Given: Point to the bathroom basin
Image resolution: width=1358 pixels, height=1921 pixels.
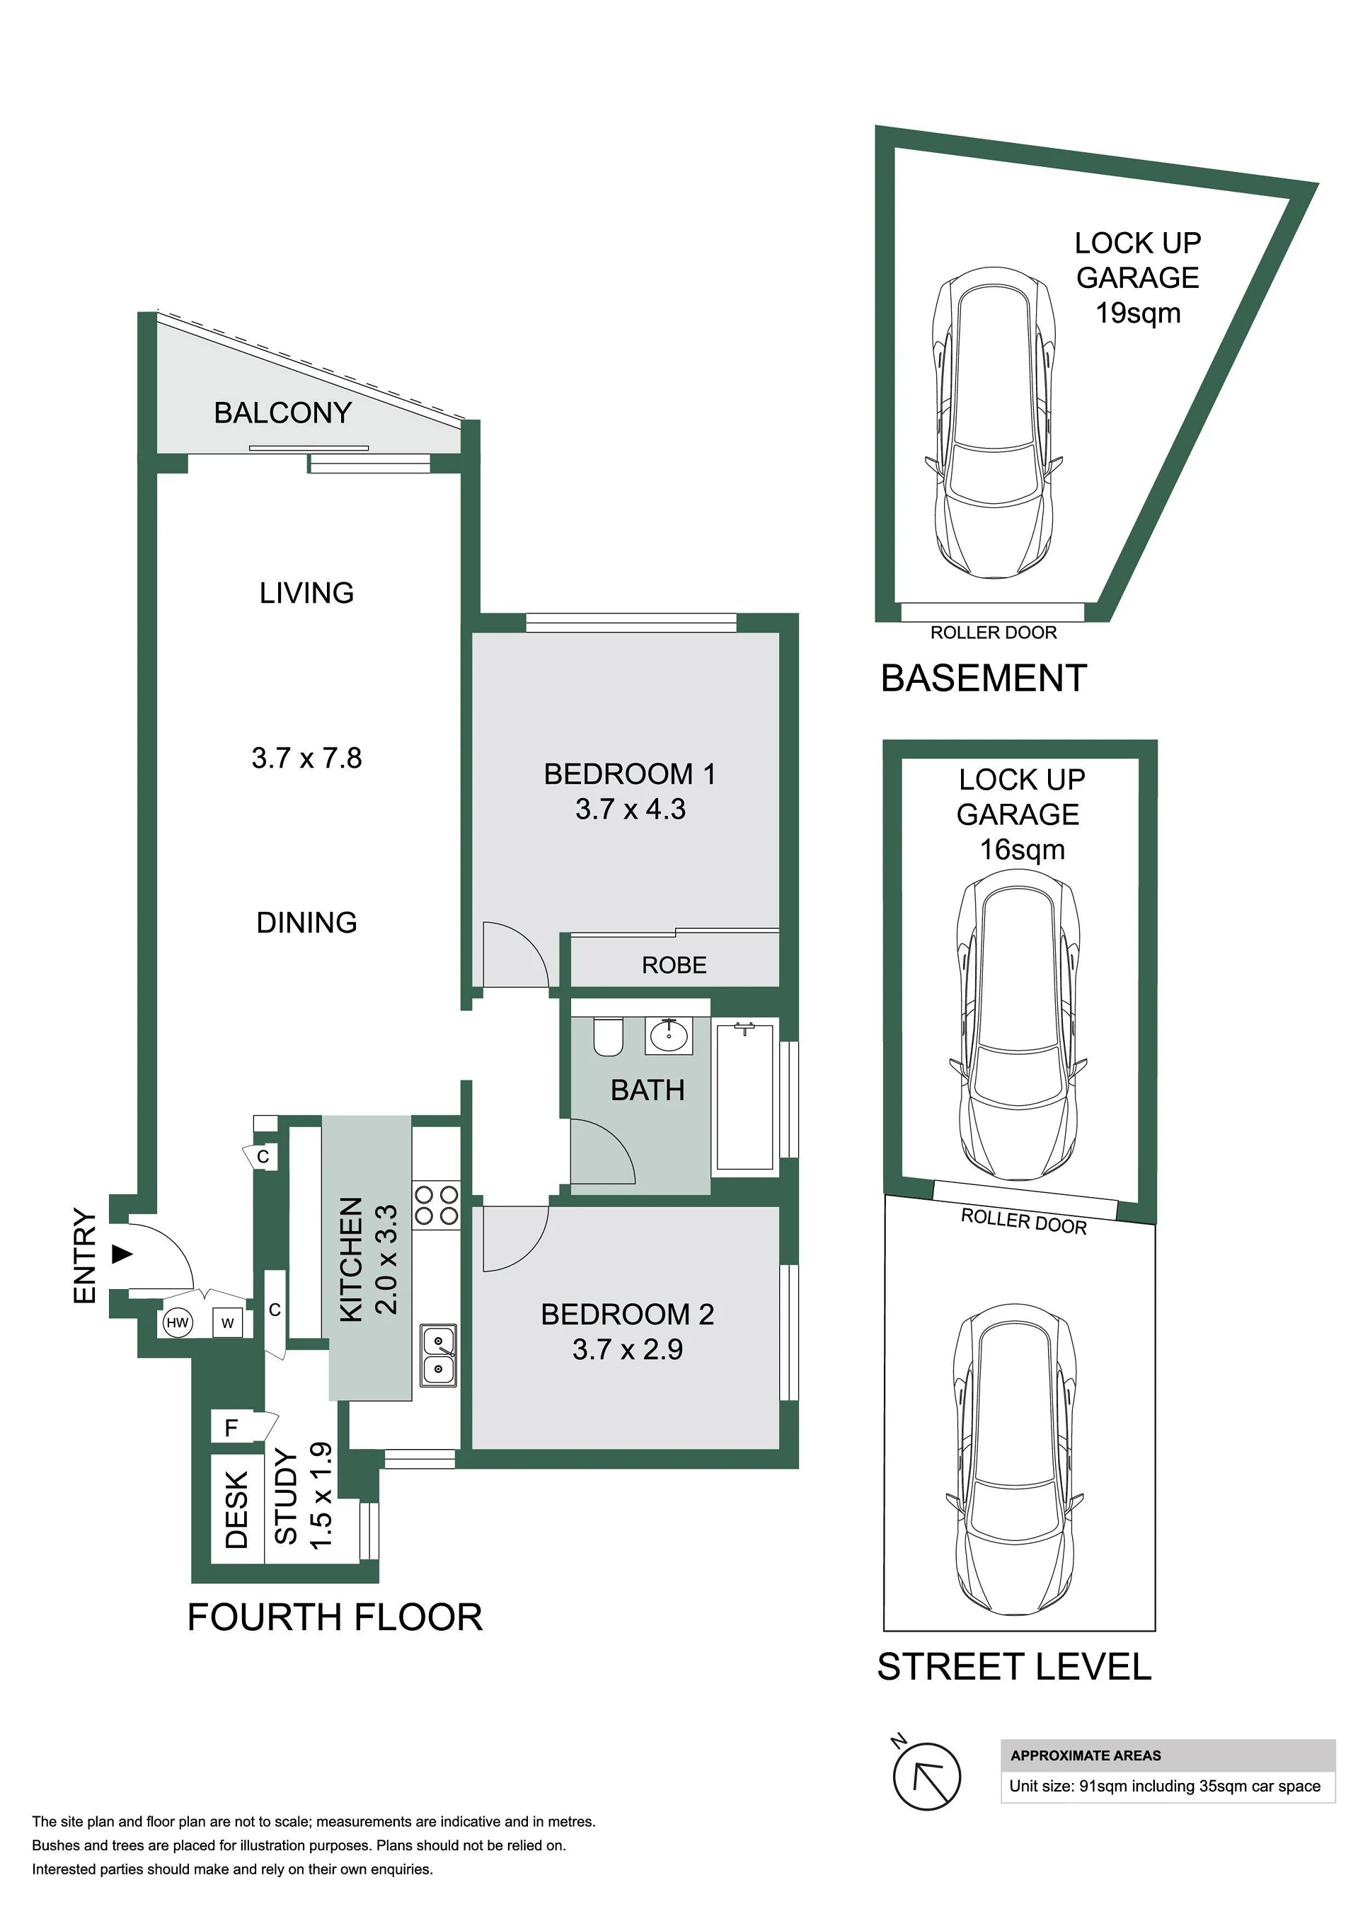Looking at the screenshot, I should tap(669, 1036).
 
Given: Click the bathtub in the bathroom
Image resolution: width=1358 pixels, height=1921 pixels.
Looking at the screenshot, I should tap(744, 1095).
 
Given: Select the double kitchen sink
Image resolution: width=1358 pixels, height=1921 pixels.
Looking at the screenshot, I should tap(437, 1356).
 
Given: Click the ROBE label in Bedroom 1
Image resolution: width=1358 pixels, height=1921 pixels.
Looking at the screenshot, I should tap(674, 966).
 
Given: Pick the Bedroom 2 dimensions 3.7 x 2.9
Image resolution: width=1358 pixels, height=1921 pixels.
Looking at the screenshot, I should tap(628, 1349).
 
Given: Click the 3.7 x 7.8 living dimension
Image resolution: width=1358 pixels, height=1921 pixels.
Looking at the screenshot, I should tap(306, 758).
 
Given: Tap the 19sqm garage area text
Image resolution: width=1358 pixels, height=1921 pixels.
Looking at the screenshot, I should tap(1138, 313).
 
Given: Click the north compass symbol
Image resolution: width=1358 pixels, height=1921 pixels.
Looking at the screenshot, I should tap(926, 1775).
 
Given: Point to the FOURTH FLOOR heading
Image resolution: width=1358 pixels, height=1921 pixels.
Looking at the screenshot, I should tap(335, 1618).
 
